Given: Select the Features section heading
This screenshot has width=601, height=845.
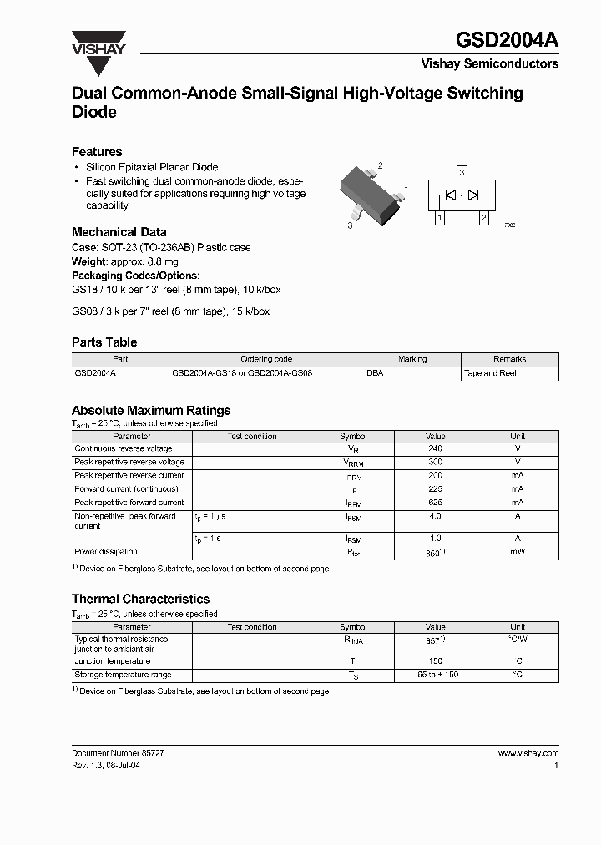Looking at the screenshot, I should tap(97, 152).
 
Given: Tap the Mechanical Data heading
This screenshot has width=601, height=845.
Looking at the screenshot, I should tap(119, 232).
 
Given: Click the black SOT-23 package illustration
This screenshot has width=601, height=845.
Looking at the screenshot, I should tap(371, 195).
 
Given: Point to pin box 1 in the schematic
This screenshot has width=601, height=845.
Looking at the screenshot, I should tap(439, 218).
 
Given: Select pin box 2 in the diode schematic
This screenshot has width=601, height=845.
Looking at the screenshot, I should tap(483, 218).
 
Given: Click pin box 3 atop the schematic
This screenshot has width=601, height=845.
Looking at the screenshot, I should tap(462, 172).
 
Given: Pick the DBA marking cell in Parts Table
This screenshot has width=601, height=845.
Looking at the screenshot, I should tap(375, 373).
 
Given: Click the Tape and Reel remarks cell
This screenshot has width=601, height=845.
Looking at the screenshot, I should tap(490, 373).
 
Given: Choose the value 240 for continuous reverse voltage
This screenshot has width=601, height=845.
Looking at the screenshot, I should tap(435, 448).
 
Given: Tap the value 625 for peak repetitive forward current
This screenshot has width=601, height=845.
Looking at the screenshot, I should tap(435, 503).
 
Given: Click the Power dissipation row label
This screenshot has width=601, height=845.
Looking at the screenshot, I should tap(106, 552).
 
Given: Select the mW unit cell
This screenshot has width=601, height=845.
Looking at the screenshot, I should tap(518, 552).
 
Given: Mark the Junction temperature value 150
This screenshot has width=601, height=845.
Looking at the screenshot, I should tap(435, 661).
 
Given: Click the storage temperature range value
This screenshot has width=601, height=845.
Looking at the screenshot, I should tap(435, 675).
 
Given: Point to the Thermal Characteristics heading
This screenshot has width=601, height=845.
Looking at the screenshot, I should tap(140, 599).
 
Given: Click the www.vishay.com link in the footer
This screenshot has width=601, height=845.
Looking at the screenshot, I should tap(528, 752).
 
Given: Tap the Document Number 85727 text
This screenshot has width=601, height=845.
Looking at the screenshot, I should tap(118, 752).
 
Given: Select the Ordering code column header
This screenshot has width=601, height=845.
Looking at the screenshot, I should tap(266, 359).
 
